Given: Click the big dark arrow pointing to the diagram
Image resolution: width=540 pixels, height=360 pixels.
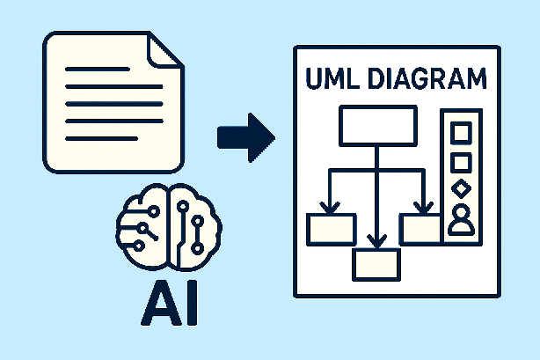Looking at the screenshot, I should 245,137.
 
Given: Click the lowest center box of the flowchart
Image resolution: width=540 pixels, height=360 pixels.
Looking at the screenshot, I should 376,263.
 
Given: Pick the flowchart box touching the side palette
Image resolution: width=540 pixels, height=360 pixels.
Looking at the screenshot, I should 421,228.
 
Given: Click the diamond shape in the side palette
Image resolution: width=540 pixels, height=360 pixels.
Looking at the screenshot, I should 460,188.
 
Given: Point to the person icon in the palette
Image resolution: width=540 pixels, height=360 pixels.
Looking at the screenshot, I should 460,221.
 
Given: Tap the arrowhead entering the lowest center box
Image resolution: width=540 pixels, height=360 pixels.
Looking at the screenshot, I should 376,241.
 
